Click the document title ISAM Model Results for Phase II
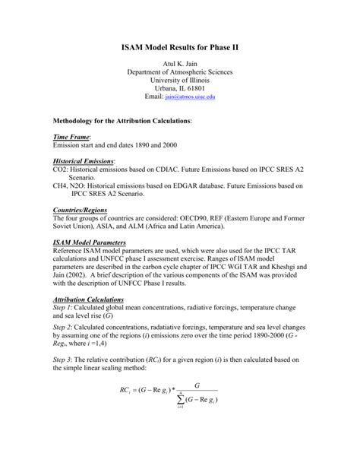coord(180,47)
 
